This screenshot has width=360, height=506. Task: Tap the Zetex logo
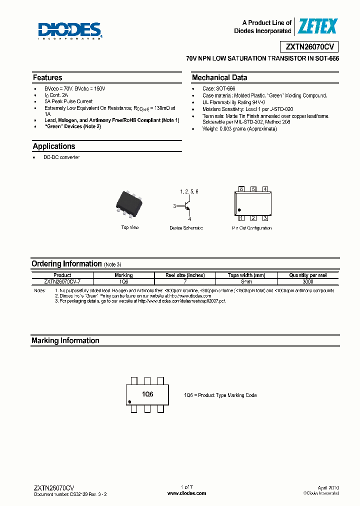point(317,26)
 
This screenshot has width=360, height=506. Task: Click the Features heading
point(47,78)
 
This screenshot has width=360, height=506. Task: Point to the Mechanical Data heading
point(219,78)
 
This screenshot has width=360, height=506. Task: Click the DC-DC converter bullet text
point(62,157)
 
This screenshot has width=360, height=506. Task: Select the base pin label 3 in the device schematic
point(174,206)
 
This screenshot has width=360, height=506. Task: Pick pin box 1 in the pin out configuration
point(241,218)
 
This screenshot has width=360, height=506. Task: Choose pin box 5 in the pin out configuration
point(253,189)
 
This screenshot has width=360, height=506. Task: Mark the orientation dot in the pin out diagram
point(239,210)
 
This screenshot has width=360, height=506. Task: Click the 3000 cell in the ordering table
point(308,281)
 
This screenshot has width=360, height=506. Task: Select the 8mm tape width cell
point(246,281)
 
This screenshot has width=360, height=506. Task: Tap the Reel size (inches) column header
point(185,275)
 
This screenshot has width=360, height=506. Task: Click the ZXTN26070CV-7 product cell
point(62,281)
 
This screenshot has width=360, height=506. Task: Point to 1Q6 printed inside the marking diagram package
point(147,394)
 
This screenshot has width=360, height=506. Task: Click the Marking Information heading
point(65,341)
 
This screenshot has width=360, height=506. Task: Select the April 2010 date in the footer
point(328,487)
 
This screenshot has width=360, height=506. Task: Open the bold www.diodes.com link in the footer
point(186,493)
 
